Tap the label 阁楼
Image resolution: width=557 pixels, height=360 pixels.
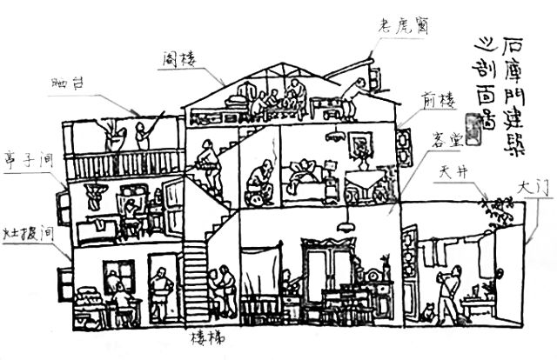[178, 60]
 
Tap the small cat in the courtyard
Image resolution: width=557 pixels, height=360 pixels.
[427, 311]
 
